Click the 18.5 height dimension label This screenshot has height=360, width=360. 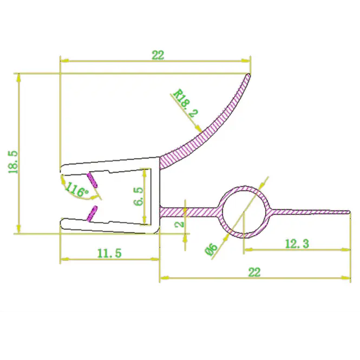point(13,162)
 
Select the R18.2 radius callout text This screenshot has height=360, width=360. point(186,103)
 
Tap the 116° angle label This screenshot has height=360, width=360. point(77,189)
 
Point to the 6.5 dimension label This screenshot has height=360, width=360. point(138,197)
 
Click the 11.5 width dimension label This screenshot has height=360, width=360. point(109,253)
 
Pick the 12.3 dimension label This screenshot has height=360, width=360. point(297,244)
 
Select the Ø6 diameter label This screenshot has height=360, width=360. point(211,250)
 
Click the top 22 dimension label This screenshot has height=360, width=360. point(158,55)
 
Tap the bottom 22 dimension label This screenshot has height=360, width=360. point(254,272)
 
